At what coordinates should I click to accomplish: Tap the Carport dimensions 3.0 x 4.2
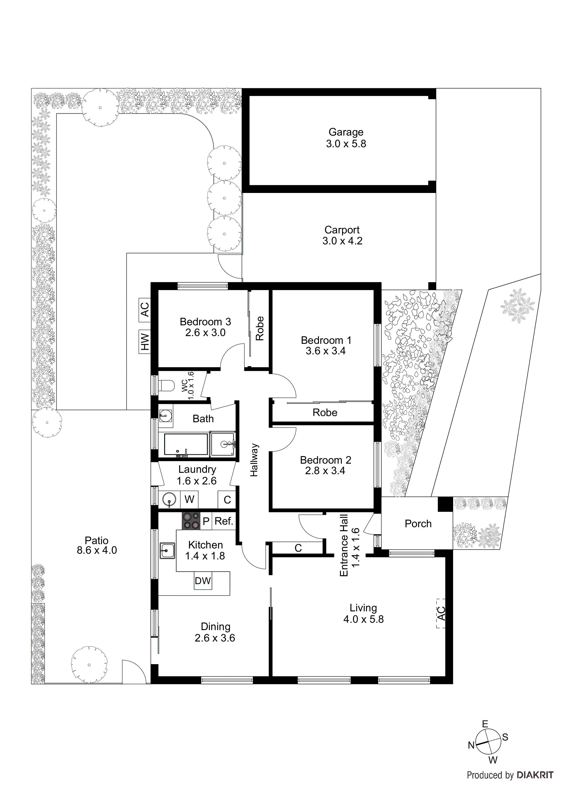342,241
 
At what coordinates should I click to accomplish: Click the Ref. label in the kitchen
224,521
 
